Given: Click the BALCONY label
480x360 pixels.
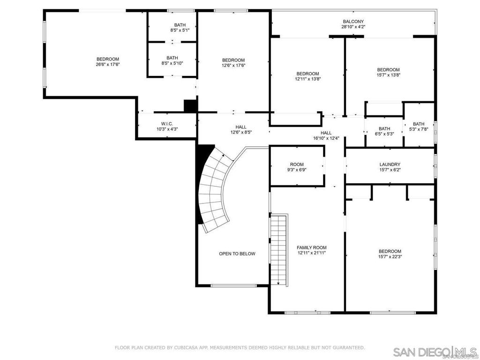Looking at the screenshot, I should click(x=353, y=22).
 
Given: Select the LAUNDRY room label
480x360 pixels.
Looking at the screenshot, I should click(x=390, y=165).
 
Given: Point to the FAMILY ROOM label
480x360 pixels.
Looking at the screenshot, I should click(x=311, y=247).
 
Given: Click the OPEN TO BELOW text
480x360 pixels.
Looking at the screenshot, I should click(x=237, y=254).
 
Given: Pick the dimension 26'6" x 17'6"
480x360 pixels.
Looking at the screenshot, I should click(x=108, y=65).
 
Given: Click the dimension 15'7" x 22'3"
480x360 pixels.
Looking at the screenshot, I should click(x=390, y=256).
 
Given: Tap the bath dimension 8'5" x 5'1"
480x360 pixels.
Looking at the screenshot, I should click(x=180, y=30).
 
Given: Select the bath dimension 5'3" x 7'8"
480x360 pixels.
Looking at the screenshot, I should click(x=419, y=129).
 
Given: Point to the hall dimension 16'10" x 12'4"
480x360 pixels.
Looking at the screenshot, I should click(x=326, y=138).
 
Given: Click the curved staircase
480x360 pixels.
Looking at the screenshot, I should click(x=214, y=187).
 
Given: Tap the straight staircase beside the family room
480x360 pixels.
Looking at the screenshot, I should click(x=279, y=248).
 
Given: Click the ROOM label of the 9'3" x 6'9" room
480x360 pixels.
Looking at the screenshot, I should click(x=297, y=165).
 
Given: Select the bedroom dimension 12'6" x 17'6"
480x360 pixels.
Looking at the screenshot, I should click(x=233, y=66).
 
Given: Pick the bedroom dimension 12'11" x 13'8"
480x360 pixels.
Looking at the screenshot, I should click(x=307, y=79).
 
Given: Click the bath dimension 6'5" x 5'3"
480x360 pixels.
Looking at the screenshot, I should click(x=384, y=134).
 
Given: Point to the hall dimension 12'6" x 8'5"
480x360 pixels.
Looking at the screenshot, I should click(x=241, y=132).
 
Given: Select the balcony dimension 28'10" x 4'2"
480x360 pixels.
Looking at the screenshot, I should click(x=353, y=27).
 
